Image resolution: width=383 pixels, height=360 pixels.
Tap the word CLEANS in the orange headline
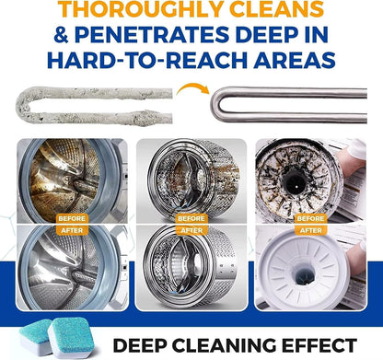pos(277,8)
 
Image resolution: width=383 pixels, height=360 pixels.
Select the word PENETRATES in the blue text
pos(152,34)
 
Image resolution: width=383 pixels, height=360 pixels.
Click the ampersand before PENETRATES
pos(61,34)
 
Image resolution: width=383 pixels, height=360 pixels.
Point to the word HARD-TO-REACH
pos(147,60)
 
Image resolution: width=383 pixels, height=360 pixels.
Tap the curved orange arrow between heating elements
pos(192,89)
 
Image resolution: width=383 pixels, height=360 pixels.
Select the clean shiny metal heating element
pos(288,105)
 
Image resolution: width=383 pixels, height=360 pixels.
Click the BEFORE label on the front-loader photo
pos(72,218)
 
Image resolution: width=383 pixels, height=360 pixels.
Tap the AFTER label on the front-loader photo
pos(72,230)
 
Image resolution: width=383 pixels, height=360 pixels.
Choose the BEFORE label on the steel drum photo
pos(191,218)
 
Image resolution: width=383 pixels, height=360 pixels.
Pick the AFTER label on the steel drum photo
pos(191,230)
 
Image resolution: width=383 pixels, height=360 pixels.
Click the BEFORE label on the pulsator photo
pos(310,218)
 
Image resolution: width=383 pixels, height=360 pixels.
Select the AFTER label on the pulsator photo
pos(310,230)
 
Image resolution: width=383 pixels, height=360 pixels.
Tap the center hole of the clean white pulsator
pos(305,275)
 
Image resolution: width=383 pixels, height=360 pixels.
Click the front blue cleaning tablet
pos(72,338)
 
